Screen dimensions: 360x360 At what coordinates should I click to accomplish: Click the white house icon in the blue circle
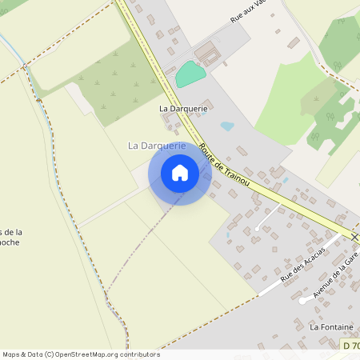click(180, 173)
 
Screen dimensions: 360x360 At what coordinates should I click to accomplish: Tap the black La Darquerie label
click(183, 108)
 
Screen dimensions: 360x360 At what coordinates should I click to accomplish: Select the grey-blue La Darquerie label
click(157, 146)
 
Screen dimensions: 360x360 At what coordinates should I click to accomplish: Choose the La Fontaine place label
click(330, 327)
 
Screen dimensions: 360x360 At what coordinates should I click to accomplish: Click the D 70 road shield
click(350, 345)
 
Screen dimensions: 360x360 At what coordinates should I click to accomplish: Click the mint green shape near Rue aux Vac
click(190, 74)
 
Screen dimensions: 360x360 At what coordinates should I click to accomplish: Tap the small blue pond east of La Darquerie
click(227, 126)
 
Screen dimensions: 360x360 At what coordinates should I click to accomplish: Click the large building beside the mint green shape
click(208, 54)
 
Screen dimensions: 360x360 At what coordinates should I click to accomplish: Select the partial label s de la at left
click(11, 232)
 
